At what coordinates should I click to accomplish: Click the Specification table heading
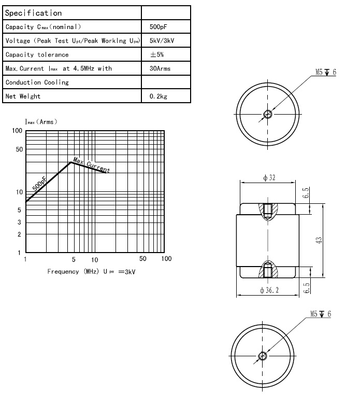34,13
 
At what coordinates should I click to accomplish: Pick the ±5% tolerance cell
157,54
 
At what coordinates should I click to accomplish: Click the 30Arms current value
160,68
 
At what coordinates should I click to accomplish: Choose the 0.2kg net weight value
157,96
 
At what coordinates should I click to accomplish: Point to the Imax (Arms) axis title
41,122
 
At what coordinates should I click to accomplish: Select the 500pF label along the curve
39,183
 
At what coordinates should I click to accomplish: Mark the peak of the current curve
70,162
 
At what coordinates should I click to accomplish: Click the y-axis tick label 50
19,150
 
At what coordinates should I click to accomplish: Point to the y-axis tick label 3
19,222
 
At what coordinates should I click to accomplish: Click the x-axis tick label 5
73,259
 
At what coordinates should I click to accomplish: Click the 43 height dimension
319,240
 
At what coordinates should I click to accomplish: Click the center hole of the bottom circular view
263,356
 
